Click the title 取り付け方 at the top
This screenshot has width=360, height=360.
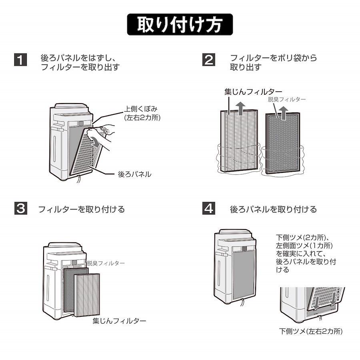[x=180, y=25]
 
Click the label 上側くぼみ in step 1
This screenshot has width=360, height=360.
[x=137, y=109]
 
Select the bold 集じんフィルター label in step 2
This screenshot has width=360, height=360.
[x=253, y=92]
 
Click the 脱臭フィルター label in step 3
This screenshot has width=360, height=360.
[x=106, y=263]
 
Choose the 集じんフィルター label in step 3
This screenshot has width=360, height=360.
[x=119, y=320]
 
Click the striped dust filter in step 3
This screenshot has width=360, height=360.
[x=88, y=294]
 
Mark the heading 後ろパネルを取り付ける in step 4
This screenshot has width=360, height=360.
[x=273, y=209]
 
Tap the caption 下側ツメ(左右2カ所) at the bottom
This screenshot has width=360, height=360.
[x=311, y=331]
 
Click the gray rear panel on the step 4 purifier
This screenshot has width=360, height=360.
[x=243, y=272]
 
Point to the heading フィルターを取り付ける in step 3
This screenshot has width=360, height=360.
[x=82, y=209]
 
